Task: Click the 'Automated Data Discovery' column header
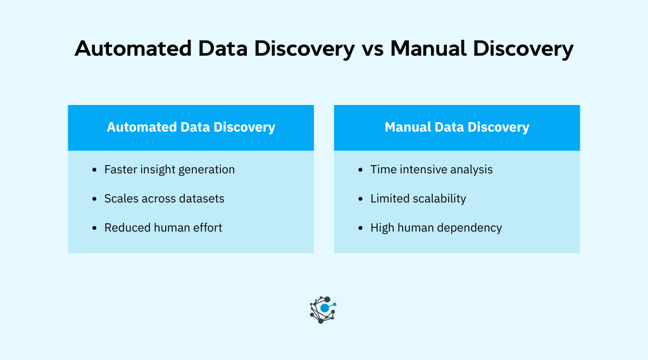190,127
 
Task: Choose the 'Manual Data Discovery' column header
456,127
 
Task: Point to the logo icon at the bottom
323,309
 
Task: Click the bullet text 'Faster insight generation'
170,170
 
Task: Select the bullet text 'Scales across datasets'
165,199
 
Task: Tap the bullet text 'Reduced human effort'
163,228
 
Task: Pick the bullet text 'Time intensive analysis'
432,170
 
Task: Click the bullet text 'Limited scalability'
418,199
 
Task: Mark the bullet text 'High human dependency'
436,228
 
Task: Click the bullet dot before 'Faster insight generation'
94,170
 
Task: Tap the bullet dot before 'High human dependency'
361,228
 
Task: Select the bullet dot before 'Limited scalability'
361,199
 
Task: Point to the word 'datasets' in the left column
201,199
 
